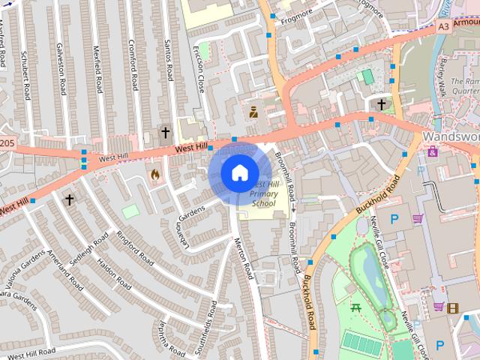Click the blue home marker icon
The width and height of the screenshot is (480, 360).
(x=238, y=172)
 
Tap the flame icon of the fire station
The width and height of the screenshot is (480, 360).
(x=155, y=175)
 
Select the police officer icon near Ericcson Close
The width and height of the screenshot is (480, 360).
(x=253, y=112)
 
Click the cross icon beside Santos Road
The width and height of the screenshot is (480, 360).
(x=165, y=133)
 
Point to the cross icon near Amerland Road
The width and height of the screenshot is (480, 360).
(x=69, y=199)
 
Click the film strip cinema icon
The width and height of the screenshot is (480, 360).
(x=452, y=307)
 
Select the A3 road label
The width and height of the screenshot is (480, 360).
(x=443, y=26)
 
